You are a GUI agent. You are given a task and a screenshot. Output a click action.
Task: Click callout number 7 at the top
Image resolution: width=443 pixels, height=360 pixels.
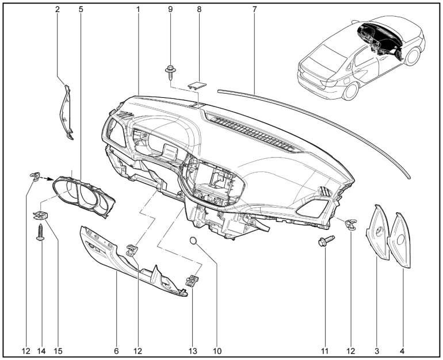[x=254, y=10]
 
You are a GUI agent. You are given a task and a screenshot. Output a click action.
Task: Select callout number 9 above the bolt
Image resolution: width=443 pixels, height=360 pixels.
[x=170, y=10]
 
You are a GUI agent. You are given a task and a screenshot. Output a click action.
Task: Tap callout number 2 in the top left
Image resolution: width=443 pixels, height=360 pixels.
[x=58, y=10]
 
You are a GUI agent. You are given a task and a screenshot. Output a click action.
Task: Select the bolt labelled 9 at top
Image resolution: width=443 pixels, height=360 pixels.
[x=170, y=72]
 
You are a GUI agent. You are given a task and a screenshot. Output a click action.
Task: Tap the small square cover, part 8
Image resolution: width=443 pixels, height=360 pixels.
[x=198, y=85]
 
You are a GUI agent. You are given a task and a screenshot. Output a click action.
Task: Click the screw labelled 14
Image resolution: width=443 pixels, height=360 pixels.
[x=40, y=233]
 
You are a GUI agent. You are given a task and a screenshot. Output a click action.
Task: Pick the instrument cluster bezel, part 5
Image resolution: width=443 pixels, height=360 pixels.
[x=84, y=195]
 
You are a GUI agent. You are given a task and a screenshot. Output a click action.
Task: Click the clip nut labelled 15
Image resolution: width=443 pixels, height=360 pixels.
[x=40, y=215]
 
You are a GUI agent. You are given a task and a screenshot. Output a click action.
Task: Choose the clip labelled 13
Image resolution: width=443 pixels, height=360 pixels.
[x=192, y=280]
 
